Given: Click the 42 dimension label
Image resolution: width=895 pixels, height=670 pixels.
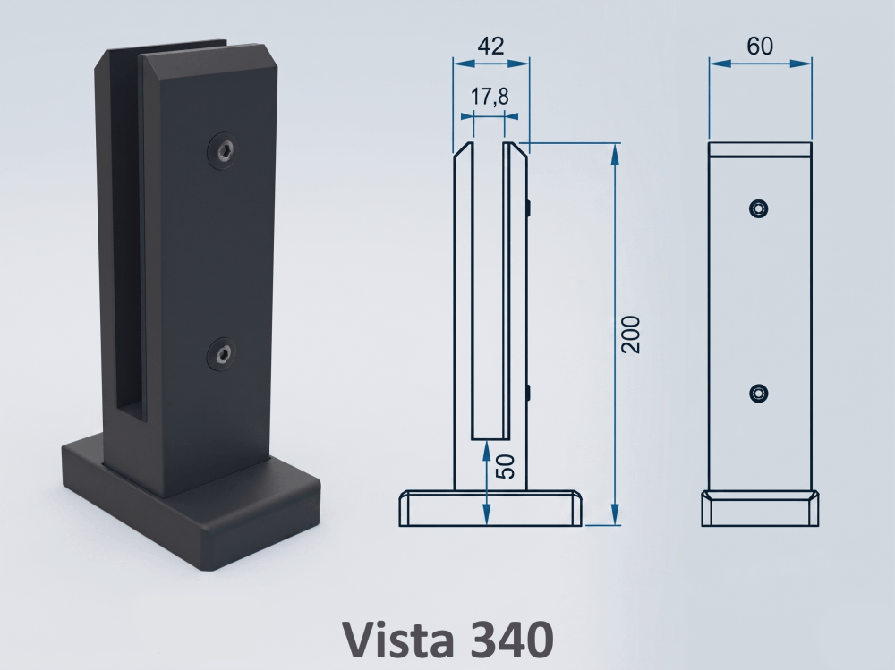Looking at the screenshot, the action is (x=490, y=46).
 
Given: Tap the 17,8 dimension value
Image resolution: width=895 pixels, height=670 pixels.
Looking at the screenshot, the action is (x=490, y=97).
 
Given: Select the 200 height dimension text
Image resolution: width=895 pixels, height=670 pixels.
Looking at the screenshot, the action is (x=631, y=335).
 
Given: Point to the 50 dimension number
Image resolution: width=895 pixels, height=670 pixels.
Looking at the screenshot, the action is (x=505, y=466).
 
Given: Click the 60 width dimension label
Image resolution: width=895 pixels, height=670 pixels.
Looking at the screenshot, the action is (x=760, y=47).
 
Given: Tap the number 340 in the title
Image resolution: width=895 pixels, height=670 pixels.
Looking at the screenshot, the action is (x=513, y=639).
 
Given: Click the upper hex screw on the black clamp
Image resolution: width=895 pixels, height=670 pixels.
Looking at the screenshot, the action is (x=223, y=150).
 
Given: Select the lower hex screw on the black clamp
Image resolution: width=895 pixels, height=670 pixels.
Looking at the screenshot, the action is (x=222, y=354).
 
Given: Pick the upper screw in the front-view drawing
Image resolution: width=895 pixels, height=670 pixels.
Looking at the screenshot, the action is (x=758, y=209).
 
